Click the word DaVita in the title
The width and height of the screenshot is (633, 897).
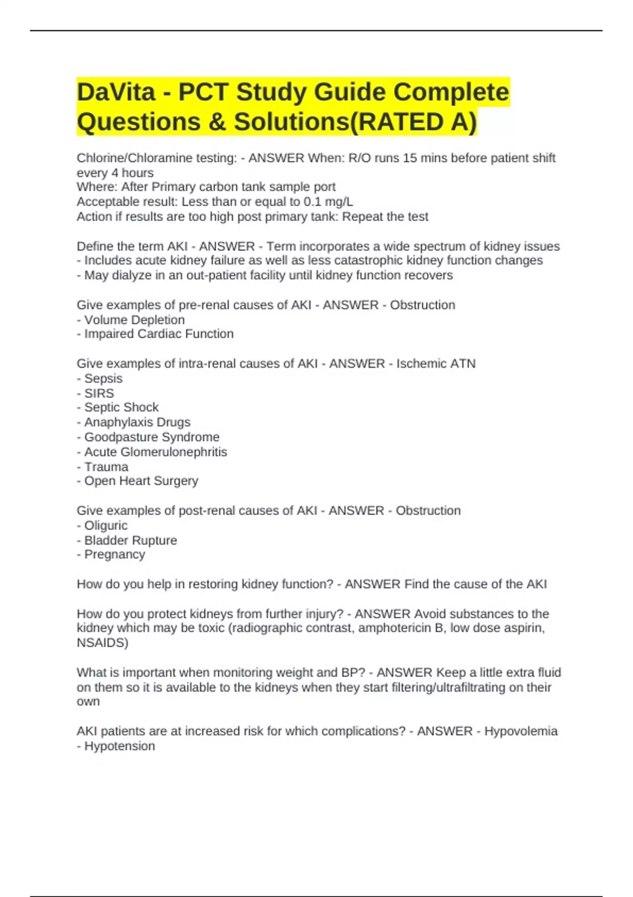point(116,92)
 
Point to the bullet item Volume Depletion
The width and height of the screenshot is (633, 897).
point(134,320)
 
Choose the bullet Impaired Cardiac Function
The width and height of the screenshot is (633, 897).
point(158,334)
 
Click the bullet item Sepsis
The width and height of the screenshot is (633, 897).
point(103,378)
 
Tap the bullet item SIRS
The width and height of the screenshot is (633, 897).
point(99,393)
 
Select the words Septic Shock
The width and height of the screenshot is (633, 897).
point(121,407)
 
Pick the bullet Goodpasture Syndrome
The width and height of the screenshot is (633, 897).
point(151,437)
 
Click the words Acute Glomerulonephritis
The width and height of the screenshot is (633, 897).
point(155,452)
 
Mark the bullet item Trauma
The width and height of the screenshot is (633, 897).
point(106,467)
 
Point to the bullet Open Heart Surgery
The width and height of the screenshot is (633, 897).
point(141,481)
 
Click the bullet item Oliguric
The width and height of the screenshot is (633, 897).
point(105,526)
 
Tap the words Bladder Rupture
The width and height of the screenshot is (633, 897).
point(130,540)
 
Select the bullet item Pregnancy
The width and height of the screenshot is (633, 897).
point(114,555)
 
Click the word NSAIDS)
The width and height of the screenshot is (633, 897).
point(102,643)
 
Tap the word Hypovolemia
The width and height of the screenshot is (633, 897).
point(521,731)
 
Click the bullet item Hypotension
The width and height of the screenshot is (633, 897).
point(119,746)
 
